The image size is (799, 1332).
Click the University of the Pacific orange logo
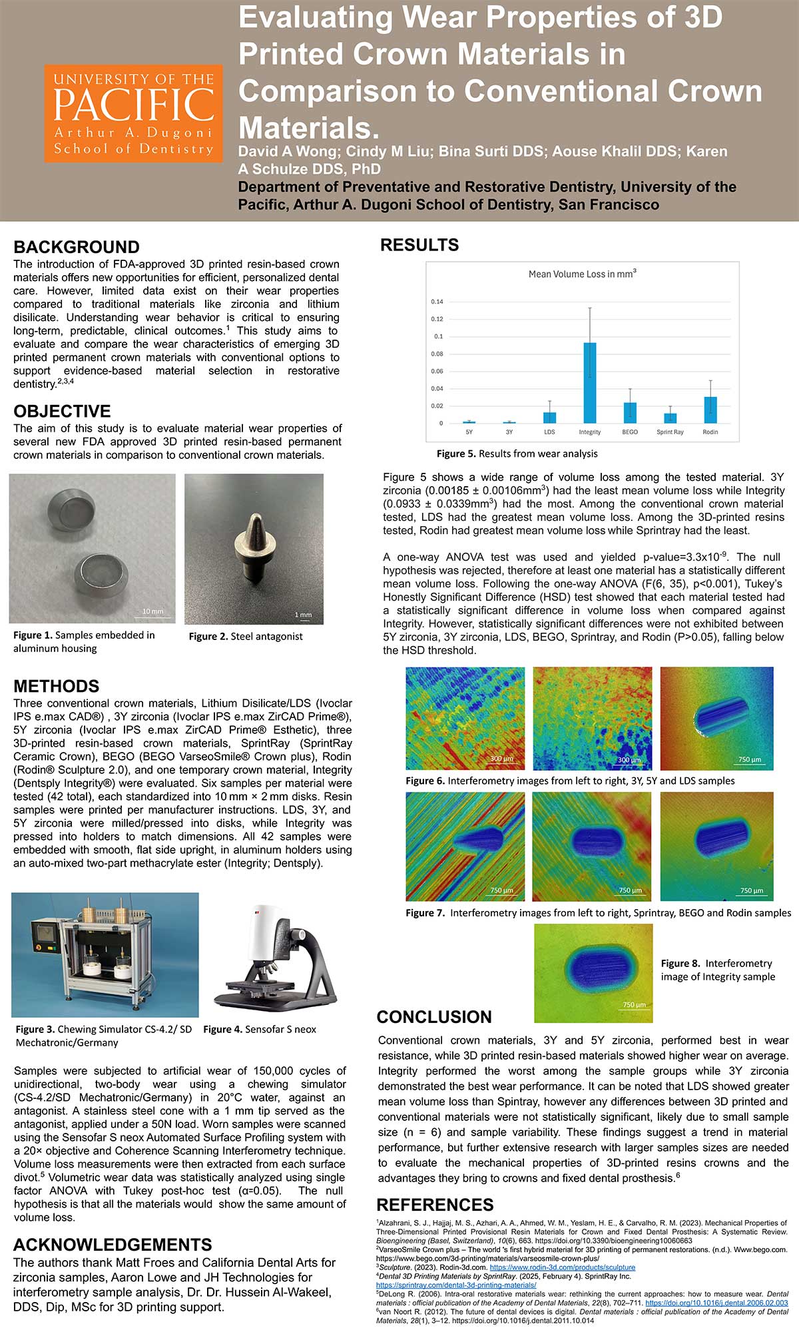[x=133, y=113]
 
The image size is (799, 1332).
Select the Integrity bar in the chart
[x=590, y=383]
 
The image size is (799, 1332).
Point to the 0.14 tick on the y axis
[x=437, y=302]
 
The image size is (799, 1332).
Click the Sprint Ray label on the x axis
[x=670, y=432]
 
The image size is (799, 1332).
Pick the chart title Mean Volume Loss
[x=582, y=274]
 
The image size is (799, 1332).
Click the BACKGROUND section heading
[x=77, y=247]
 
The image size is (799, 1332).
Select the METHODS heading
[x=57, y=686]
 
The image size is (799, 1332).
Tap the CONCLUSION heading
[x=434, y=1017]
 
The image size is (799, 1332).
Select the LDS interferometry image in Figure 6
[x=716, y=718]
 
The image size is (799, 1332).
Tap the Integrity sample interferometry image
[x=593, y=972]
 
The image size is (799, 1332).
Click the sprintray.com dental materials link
[x=456, y=1285]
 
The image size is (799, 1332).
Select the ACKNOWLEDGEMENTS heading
[x=113, y=1245]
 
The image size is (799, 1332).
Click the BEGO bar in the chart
[x=630, y=412]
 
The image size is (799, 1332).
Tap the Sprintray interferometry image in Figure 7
[x=465, y=846]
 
